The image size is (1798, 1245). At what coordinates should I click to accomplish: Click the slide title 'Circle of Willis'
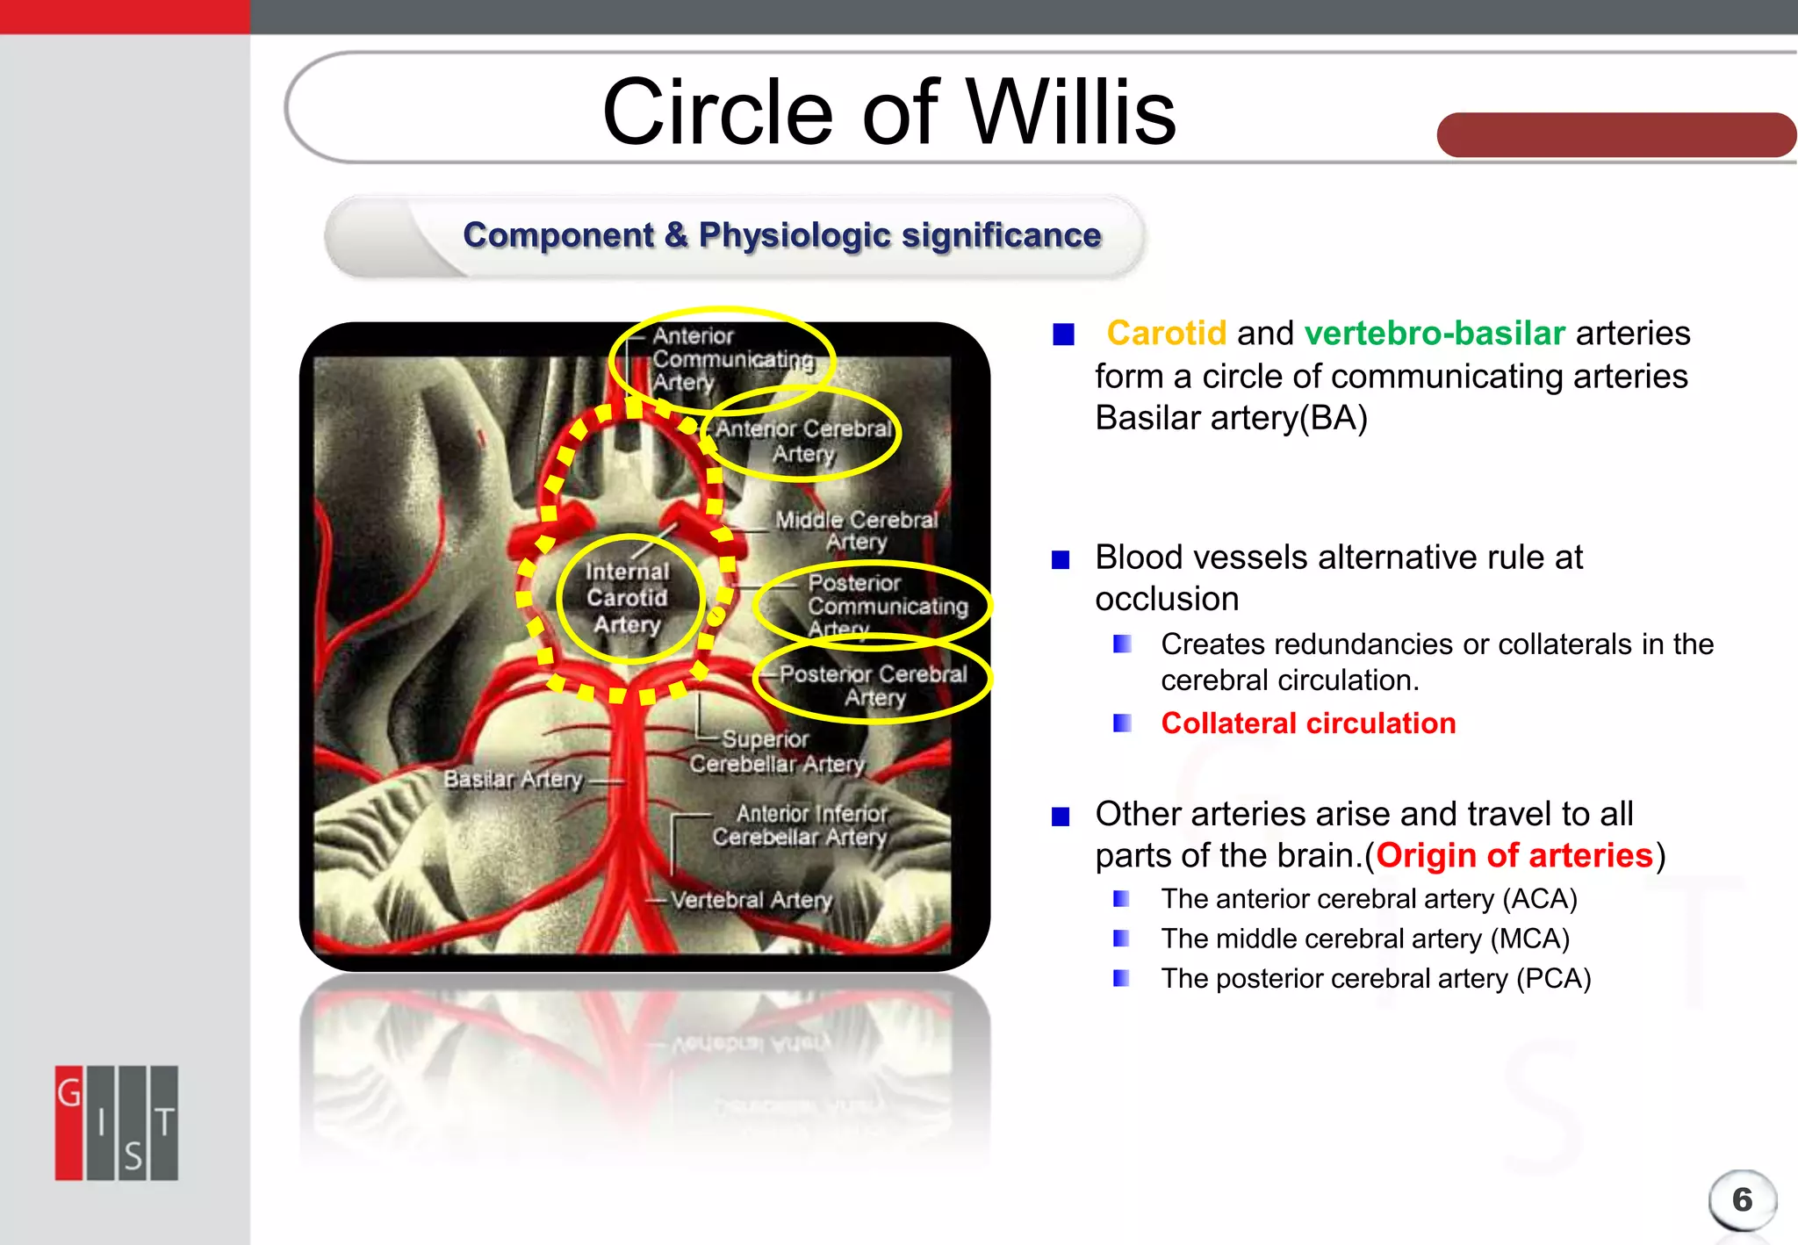888,112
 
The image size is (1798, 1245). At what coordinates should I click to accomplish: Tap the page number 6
1742,1199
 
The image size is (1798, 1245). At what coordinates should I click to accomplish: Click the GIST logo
117,1122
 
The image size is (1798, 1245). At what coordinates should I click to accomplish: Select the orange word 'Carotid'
1166,334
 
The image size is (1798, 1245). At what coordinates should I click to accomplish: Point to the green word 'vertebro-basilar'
1435,334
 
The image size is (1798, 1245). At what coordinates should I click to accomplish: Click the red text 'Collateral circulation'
1308,723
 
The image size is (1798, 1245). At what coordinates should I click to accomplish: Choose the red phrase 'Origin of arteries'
1514,855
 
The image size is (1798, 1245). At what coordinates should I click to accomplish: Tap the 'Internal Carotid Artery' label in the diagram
628,598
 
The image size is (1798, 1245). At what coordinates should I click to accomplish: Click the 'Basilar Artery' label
514,779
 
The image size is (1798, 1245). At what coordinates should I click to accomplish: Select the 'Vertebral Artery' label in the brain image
752,900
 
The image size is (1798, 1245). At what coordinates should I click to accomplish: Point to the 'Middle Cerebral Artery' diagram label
856,530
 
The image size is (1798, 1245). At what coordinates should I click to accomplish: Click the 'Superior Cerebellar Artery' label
776,752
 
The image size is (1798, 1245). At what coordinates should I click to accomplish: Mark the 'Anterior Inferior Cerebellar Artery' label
801,825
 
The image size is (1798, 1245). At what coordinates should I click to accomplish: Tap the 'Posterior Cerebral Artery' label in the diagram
874,685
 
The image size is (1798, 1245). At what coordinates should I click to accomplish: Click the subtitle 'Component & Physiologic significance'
781,235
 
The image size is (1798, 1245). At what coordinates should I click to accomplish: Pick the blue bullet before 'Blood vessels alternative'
1061,559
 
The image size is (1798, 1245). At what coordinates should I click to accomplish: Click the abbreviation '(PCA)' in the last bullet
1553,978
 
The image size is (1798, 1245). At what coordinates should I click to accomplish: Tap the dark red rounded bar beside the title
1615,135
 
